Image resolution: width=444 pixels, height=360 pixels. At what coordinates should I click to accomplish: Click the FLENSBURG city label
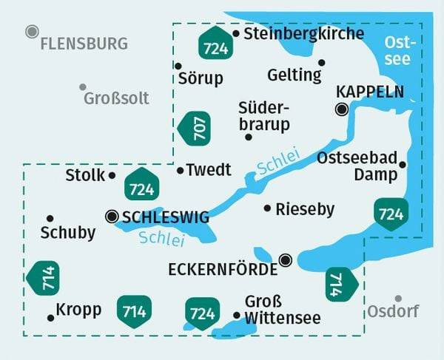(x=84, y=44)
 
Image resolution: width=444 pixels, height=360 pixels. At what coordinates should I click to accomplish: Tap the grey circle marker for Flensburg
(x=32, y=31)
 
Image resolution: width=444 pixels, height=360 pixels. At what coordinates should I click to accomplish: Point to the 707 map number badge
(x=195, y=129)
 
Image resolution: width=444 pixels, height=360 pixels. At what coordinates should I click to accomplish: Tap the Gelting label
(x=295, y=75)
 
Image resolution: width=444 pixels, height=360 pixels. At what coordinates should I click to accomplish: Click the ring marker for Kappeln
(x=341, y=109)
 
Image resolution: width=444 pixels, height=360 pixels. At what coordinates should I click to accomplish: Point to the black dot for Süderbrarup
(x=249, y=136)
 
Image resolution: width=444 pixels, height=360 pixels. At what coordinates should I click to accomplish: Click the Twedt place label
(x=209, y=170)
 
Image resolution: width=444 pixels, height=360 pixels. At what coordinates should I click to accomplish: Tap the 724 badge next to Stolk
(x=141, y=185)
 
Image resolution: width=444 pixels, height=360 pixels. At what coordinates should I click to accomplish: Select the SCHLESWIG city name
(x=165, y=217)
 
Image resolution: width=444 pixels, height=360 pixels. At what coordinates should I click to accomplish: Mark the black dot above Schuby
(x=50, y=218)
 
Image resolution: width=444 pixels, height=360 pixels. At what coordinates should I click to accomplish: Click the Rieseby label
(x=304, y=209)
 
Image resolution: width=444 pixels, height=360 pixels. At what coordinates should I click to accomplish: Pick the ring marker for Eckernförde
(x=286, y=259)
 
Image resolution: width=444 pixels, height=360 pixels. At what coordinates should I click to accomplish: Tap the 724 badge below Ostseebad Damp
(x=391, y=214)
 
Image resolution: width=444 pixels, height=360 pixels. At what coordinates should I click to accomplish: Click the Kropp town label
(x=78, y=310)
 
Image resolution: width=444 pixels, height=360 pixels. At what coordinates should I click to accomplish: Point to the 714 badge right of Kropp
(x=134, y=311)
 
